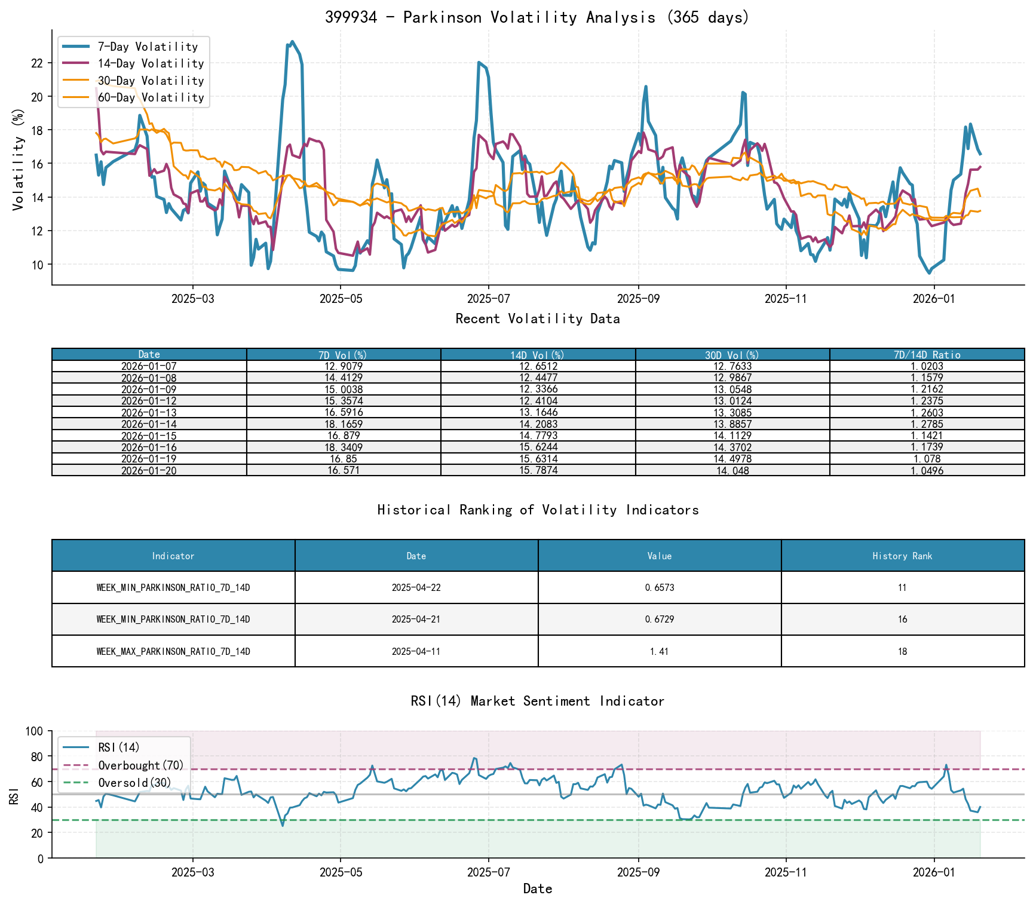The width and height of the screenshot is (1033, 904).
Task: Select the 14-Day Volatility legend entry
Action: pos(151,63)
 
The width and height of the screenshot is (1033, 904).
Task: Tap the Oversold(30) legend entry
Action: pos(134,783)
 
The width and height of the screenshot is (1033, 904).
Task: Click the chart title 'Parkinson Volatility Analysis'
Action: pos(537,17)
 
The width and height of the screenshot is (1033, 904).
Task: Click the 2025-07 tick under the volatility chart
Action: pos(488,299)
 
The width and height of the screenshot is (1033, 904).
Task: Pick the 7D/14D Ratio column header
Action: pos(927,355)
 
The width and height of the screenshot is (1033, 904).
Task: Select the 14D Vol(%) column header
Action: pos(538,355)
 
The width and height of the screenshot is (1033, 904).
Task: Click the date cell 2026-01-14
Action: pos(149,424)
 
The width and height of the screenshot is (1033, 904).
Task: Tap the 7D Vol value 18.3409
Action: pos(344,448)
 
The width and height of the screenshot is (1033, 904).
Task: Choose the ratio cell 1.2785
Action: pos(927,424)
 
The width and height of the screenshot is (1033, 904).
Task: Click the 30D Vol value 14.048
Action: pos(732,471)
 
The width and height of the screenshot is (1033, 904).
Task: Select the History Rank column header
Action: pos(902,556)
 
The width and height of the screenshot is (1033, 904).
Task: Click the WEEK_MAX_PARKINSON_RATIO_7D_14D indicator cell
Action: pos(173,651)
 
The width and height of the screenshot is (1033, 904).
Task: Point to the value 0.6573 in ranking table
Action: pos(660,588)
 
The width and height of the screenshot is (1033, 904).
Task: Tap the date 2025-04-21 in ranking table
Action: pos(416,620)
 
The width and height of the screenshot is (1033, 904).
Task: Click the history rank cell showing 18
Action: pos(902,651)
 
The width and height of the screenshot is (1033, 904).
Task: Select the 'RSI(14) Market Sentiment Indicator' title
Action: pos(537,701)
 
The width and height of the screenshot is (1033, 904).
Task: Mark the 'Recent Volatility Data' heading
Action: pos(537,319)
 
